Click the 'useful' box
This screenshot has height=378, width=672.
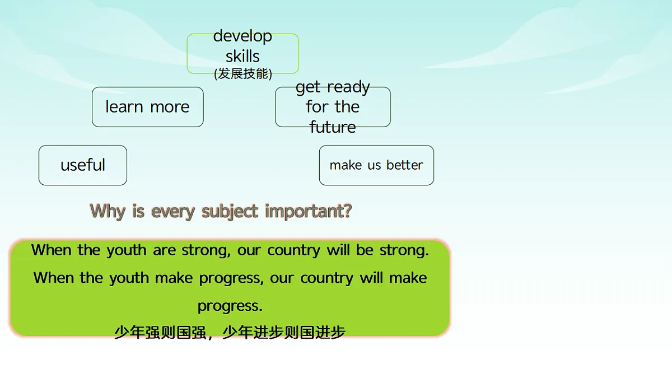pos(83,165)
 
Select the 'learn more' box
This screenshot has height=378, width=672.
pos(147,107)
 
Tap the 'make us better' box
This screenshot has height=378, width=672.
pos(376,165)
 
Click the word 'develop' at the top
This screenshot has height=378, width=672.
pos(242,36)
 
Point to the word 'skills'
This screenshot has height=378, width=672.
pos(242,56)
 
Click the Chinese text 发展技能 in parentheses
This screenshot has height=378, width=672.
pos(243,74)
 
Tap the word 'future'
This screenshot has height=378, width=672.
pos(333,127)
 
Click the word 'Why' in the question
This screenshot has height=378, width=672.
pos(108,211)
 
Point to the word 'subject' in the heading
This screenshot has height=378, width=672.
pos(230,211)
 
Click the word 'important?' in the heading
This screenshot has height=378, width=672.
pos(309,211)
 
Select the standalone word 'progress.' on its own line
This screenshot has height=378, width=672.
pos(230,306)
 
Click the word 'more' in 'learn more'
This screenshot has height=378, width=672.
pos(169,107)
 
